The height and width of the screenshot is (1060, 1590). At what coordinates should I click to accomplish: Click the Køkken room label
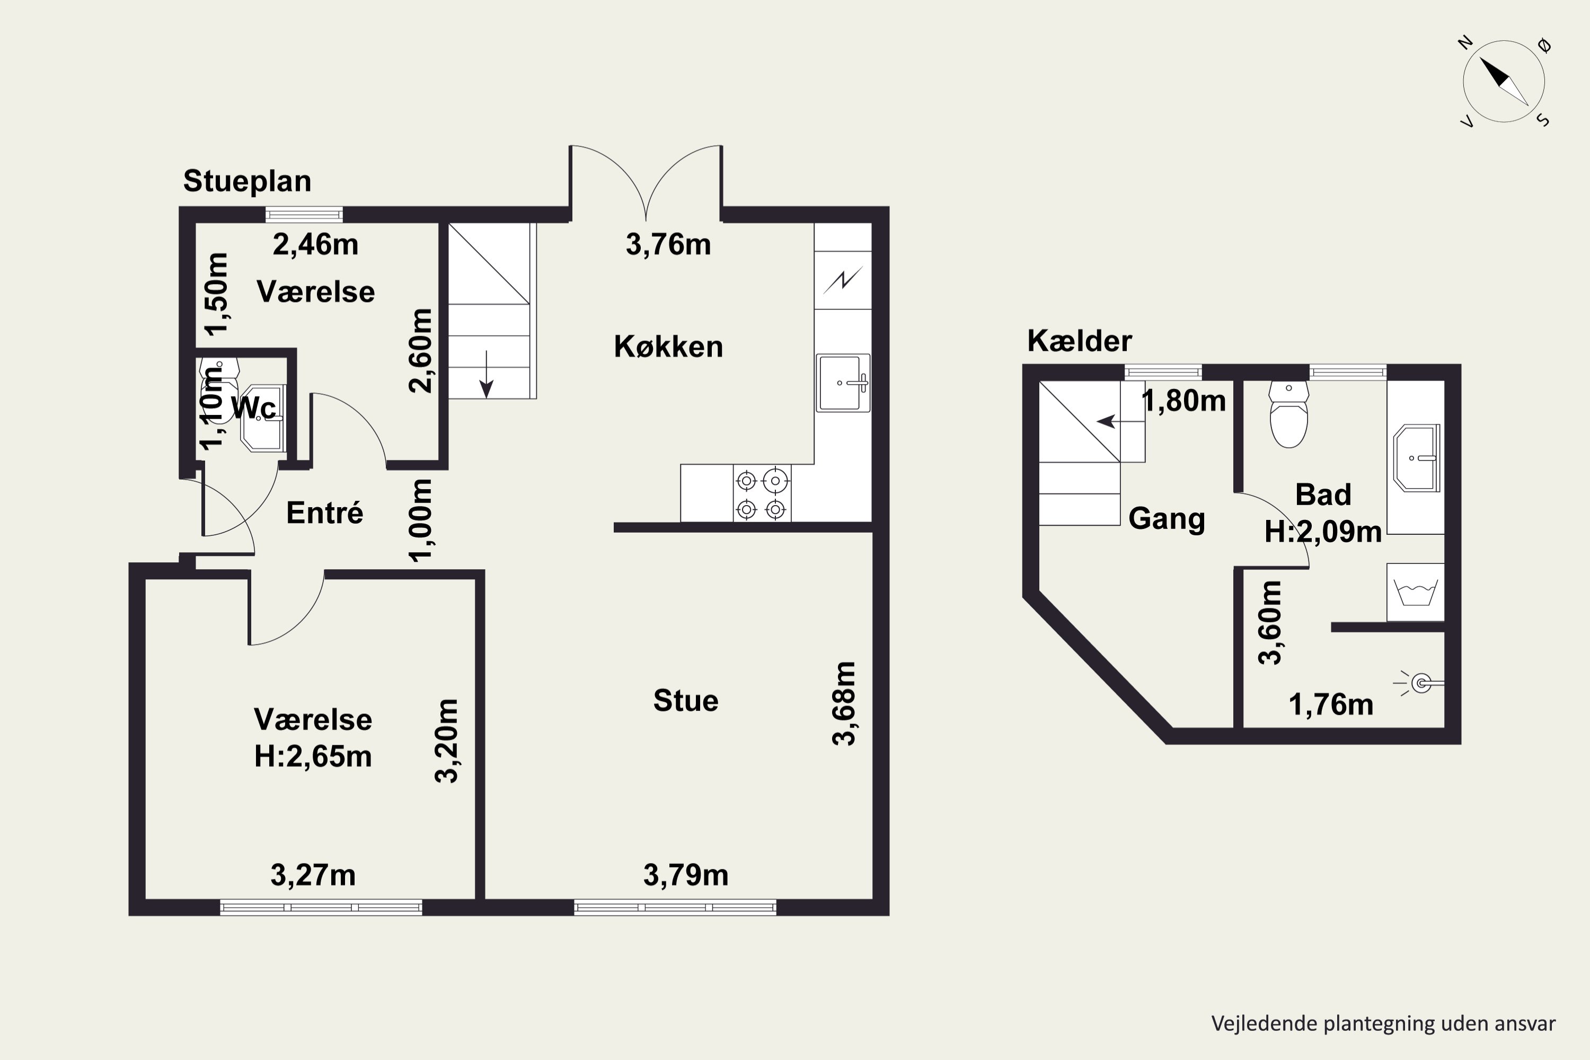click(x=668, y=346)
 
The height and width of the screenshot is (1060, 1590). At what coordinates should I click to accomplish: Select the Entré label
click(x=324, y=513)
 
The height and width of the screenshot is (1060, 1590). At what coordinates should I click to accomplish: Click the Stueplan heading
click(x=248, y=182)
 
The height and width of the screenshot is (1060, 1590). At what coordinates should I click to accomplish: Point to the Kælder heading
click(x=1080, y=341)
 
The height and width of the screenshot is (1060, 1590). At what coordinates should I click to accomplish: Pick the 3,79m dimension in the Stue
click(x=685, y=876)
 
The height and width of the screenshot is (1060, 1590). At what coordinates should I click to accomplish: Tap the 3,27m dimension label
click(x=313, y=876)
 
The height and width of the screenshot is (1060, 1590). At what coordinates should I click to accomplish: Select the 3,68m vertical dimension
click(x=844, y=703)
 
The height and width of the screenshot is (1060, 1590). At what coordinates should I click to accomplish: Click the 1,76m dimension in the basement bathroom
click(x=1331, y=705)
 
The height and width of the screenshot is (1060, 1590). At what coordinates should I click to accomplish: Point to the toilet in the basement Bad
click(x=1288, y=414)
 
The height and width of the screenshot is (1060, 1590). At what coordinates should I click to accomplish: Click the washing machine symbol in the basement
click(x=1416, y=592)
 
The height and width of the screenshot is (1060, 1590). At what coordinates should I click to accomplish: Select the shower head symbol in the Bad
click(x=1420, y=684)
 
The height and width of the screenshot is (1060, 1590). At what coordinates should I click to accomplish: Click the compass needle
click(x=1504, y=82)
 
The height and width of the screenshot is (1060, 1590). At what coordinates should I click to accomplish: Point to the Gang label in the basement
click(x=1167, y=518)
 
